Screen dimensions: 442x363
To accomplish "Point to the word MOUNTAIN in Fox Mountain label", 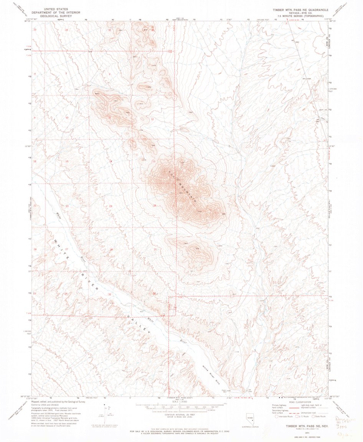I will [x=188, y=191].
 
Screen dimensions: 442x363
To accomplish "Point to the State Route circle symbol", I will [x=313, y=416].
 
